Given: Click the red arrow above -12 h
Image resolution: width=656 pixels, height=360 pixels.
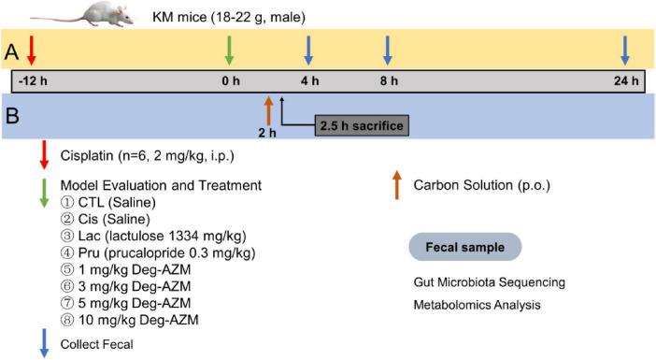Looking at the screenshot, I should pos(32,49).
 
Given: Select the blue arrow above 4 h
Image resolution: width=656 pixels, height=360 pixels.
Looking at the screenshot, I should pos(308,49).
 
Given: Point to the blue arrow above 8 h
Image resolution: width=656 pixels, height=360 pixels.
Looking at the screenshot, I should pos(387,49).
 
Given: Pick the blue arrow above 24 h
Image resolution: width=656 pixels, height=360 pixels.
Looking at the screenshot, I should pos(625,49).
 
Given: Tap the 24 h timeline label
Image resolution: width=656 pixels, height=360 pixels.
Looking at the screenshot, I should pos(625,81).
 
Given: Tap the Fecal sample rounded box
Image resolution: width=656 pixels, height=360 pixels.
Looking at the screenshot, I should pos(464,247).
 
